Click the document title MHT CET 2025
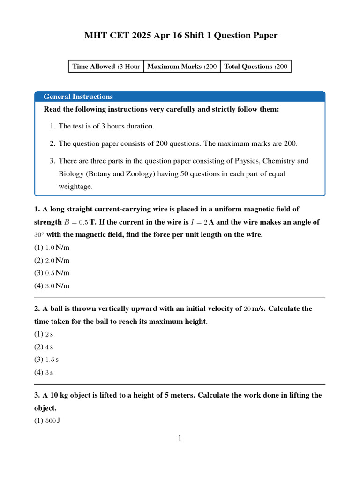(x=180, y=36)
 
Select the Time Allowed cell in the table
(x=106, y=67)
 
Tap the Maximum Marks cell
(x=182, y=67)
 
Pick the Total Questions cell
(x=255, y=67)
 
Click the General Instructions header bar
(x=180, y=97)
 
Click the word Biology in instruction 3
(x=71, y=173)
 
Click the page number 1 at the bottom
(x=180, y=438)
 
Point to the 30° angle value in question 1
(x=39, y=235)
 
